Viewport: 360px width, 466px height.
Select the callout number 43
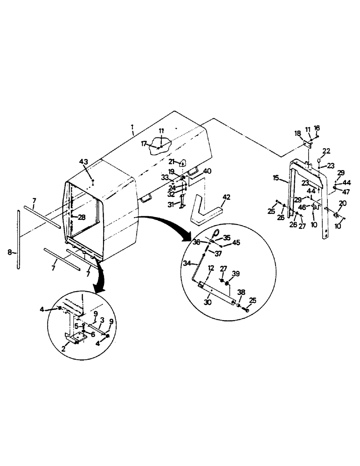point(83,161)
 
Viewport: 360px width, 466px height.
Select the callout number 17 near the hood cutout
point(145,144)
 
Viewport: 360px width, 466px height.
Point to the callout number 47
point(346,192)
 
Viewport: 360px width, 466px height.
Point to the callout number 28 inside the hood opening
point(82,217)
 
